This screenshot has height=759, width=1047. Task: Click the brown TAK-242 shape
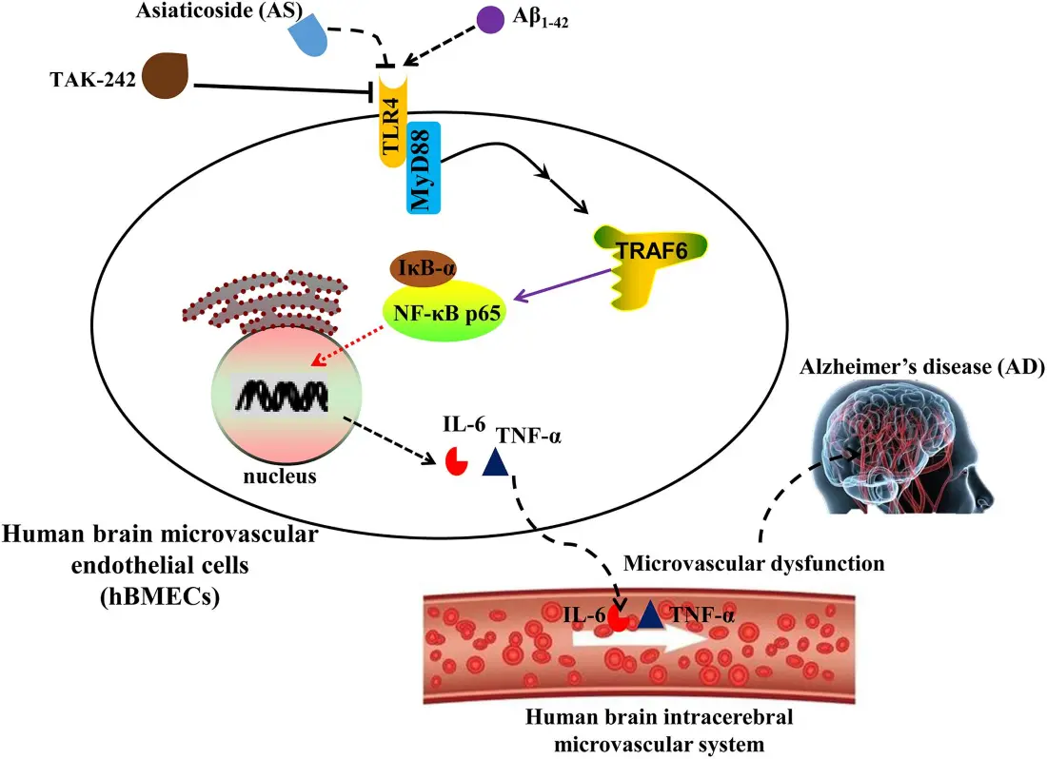coord(163,79)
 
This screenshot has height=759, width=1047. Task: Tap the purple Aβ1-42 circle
coord(490,21)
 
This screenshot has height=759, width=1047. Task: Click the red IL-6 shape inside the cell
coord(457,459)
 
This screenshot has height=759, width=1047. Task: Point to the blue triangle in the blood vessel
coord(650,615)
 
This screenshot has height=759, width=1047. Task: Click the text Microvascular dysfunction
coord(754,564)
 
